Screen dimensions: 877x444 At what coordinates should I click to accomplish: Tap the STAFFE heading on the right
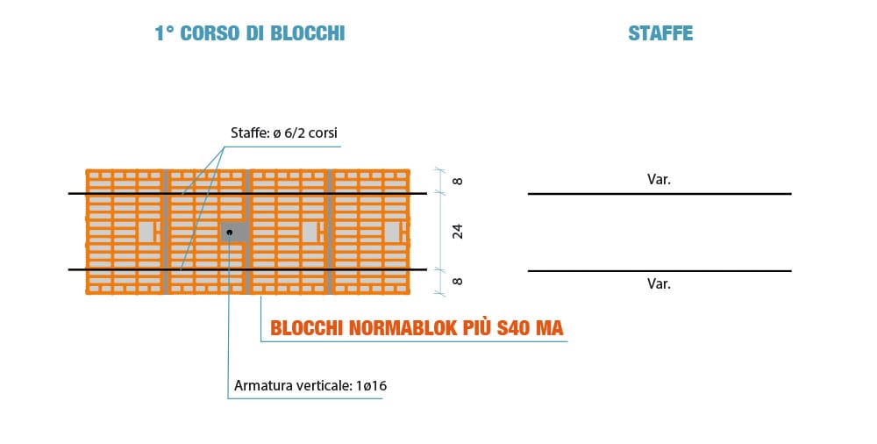[x=660, y=33]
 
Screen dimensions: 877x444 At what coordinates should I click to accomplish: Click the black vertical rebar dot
[x=229, y=232]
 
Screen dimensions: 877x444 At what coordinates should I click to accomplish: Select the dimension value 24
[x=458, y=232]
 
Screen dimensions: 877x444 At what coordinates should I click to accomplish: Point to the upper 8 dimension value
[x=458, y=181]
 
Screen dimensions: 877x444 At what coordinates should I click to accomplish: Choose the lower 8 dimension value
[x=458, y=281]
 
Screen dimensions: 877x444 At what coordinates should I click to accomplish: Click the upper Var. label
[x=659, y=180]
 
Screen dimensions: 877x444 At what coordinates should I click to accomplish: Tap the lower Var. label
[x=659, y=284]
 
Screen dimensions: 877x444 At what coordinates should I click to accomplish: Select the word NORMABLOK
[x=403, y=327]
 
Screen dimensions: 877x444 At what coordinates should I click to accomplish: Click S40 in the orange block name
[x=515, y=327]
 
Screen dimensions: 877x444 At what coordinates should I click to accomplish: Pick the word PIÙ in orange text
[x=477, y=327]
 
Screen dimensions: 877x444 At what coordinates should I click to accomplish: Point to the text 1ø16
[x=371, y=386]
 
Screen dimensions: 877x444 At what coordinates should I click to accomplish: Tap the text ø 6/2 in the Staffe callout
[x=289, y=133]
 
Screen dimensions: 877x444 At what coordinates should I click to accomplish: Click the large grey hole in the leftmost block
[x=146, y=232]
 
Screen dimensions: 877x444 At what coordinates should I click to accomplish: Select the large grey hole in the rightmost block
[x=392, y=232]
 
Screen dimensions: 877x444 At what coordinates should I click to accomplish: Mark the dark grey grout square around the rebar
[x=235, y=232]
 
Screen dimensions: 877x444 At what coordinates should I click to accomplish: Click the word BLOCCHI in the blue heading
[x=308, y=33]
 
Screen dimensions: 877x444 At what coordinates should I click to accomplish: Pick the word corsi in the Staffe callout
[x=323, y=133]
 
